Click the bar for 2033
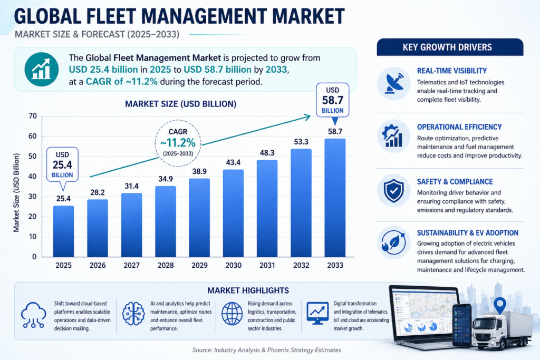pyautogui.click(x=335, y=198)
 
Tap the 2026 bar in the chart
pyautogui.click(x=98, y=228)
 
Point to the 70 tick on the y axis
pyautogui.click(x=33, y=116)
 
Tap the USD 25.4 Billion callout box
pyautogui.click(x=63, y=164)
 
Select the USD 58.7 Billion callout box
pyautogui.click(x=332, y=100)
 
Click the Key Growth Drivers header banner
pyautogui.click(x=450, y=47)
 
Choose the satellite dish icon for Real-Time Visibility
pyautogui.click(x=393, y=83)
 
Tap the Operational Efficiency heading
pyautogui.click(x=459, y=127)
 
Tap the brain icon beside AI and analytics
pyautogui.click(x=133, y=314)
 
